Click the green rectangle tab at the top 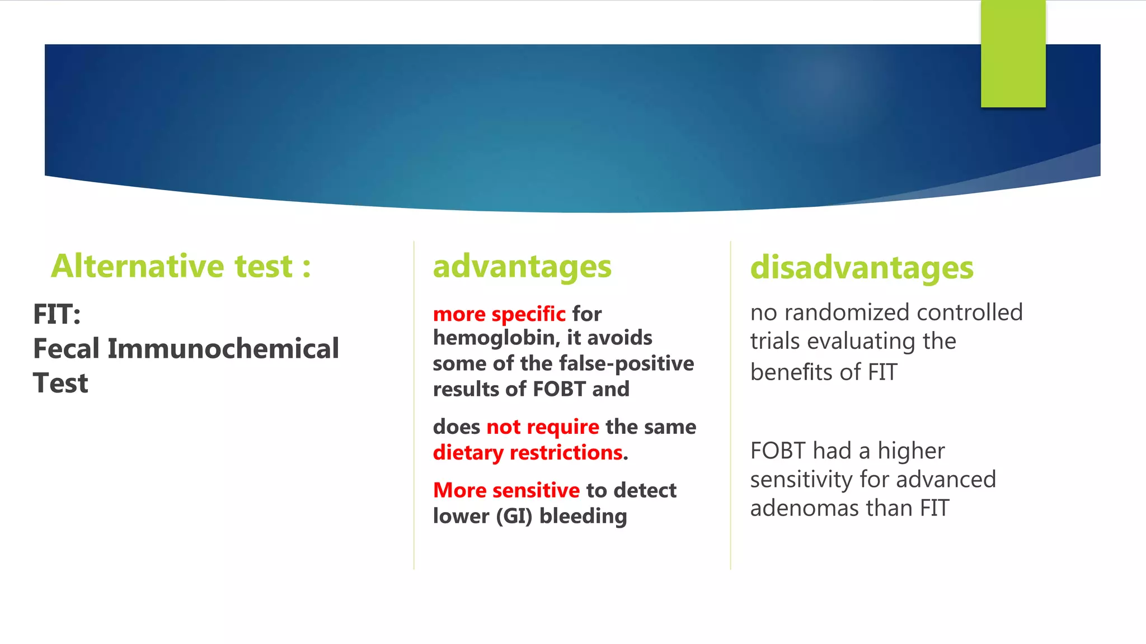[x=1013, y=54]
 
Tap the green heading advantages [x=522, y=267]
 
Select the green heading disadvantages [x=861, y=268]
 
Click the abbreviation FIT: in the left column [x=57, y=314]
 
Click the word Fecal [x=66, y=349]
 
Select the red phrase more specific [x=499, y=314]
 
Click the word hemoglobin [x=496, y=338]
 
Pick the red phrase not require [x=542, y=427]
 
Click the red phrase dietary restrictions [x=528, y=453]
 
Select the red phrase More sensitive [x=506, y=491]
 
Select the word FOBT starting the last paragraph [x=778, y=451]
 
